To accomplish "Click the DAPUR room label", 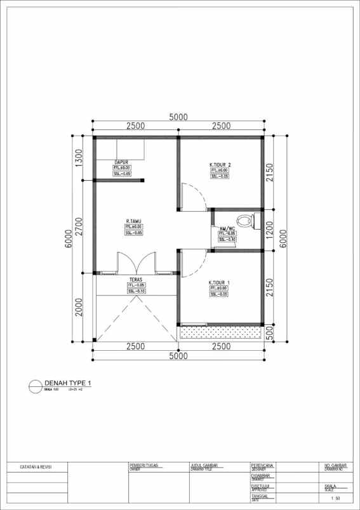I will pos(122,162).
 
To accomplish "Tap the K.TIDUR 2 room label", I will pos(220,165).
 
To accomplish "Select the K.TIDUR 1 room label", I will pos(219,282).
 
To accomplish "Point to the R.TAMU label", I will pos(133,221).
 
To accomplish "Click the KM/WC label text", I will pos(227,228).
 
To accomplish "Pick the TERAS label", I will pos(135,280).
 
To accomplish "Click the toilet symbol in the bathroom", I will pos(255,221).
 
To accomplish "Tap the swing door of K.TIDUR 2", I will pos(192,195).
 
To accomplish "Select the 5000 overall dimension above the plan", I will pos(178,117).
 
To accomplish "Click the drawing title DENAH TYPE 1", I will pos(68,383).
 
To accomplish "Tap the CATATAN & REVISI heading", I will pos(36,467).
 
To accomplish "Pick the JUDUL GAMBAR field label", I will pos(204,465).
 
